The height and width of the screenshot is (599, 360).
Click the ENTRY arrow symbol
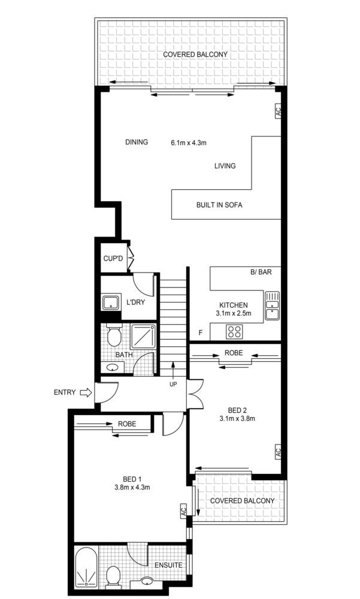click(85, 393)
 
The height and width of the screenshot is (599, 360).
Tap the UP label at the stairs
click(173, 384)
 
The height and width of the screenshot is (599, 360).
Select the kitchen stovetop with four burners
click(235, 331)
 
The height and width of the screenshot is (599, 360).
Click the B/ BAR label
click(261, 272)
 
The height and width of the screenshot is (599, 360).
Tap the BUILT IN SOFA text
click(219, 205)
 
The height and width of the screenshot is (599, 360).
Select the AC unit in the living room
click(277, 111)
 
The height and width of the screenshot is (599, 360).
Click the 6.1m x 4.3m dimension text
click(189, 143)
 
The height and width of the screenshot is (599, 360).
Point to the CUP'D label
click(113, 259)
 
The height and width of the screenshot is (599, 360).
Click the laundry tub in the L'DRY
click(110, 302)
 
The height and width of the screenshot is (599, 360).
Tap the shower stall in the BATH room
click(143, 337)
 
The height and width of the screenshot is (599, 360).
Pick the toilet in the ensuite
click(113, 577)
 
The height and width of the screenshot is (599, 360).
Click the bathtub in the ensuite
click(87, 569)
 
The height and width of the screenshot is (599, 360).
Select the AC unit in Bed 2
click(277, 452)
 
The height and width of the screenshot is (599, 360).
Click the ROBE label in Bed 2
click(234, 353)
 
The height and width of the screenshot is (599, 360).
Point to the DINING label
click(137, 143)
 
